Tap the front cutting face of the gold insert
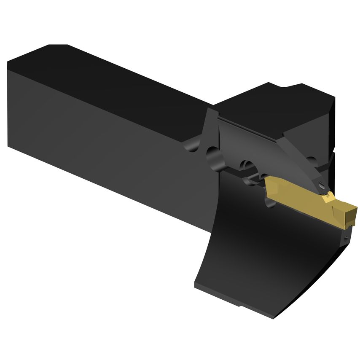point(350,216)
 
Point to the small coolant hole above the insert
point(323,184)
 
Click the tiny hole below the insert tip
point(346,239)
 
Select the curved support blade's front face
point(261,253)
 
